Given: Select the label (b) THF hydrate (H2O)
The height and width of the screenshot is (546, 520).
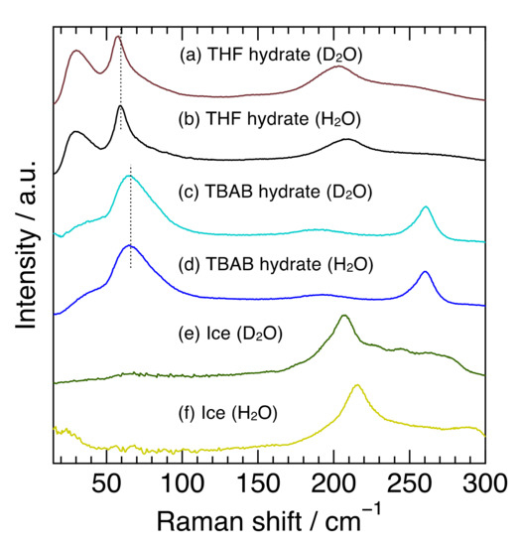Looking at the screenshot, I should [x=269, y=119].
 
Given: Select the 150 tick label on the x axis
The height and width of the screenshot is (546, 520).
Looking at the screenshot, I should [x=257, y=485].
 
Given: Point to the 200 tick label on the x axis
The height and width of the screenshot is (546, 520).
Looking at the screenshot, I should [x=332, y=485].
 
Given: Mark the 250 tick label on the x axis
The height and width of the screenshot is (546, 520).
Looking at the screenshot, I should [x=409, y=485].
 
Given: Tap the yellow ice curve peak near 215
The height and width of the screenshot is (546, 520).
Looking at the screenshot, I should [x=356, y=385].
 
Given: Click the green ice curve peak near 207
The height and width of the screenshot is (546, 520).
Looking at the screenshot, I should [x=343, y=316].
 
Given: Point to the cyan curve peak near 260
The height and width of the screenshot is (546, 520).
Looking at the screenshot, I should [x=425, y=207].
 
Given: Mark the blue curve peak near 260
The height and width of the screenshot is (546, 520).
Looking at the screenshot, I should [x=425, y=272].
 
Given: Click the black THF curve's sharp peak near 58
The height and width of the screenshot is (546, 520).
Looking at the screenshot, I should [x=120, y=106].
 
